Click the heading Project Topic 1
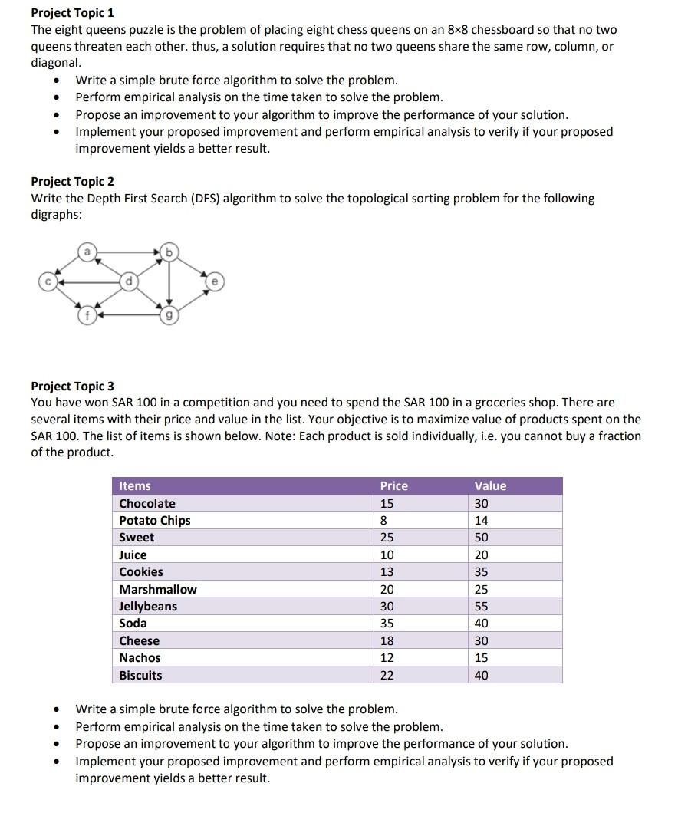[x=72, y=13]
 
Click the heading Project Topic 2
[x=72, y=182]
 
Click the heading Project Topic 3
[x=72, y=386]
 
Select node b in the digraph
[x=170, y=251]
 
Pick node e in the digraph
[x=214, y=281]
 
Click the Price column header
[x=393, y=486]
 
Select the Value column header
[x=490, y=486]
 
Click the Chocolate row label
[x=147, y=504]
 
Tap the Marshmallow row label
[x=157, y=590]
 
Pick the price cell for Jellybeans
[x=387, y=607]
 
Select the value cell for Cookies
[x=482, y=572]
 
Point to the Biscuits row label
[x=140, y=676]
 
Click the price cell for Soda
[x=387, y=624]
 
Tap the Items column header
[x=135, y=486]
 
